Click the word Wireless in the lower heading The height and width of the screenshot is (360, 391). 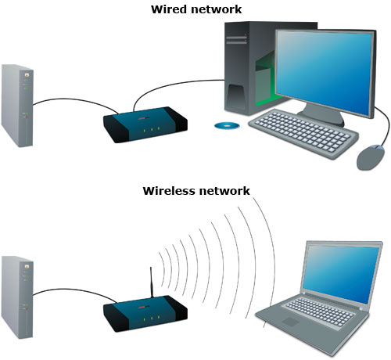(169, 191)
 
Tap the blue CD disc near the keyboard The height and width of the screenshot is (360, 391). (227, 126)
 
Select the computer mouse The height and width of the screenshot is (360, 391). (371, 157)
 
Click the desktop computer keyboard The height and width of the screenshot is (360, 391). (303, 133)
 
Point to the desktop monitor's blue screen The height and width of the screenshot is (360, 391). (324, 72)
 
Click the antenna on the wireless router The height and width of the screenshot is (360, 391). (151, 283)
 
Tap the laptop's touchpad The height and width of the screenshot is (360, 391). (290, 322)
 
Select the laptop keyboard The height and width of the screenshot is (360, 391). (319, 312)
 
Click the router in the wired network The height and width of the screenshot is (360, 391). (145, 124)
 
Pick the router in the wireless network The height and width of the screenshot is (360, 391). (145, 314)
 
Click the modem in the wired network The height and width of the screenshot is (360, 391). (17, 106)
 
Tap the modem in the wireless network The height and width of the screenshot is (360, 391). (17, 297)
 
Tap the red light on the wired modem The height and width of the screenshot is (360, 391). (27, 117)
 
